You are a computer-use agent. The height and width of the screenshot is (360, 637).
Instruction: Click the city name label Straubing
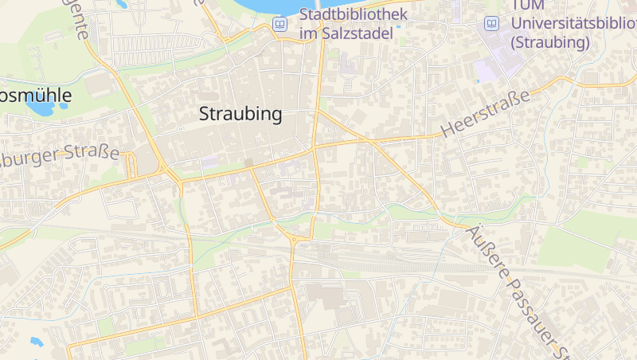[240, 114]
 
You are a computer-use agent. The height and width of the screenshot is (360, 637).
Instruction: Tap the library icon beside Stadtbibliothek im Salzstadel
[279, 24]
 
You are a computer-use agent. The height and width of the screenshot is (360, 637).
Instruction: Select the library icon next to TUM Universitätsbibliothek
[492, 24]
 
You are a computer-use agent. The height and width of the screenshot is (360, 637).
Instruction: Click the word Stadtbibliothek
[354, 14]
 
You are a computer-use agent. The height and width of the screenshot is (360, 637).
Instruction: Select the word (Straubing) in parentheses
[550, 42]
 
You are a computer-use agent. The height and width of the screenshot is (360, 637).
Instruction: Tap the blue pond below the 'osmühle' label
[37, 108]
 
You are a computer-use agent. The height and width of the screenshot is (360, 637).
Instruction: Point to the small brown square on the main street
[249, 163]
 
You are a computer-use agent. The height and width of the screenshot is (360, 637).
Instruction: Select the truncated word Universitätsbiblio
[573, 24]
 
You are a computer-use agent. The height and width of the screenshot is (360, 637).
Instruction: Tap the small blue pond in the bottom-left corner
[36, 342]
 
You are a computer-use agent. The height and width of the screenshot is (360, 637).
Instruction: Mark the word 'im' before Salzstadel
[308, 34]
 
